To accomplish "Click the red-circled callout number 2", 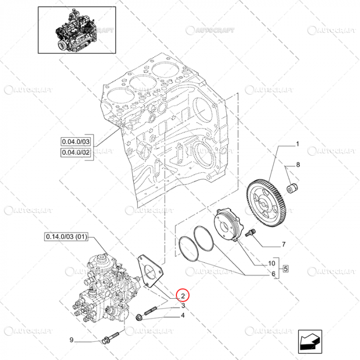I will point(183,296).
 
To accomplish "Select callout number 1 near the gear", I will point(297,145).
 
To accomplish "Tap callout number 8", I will point(297,166).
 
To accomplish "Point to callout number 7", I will point(283,245).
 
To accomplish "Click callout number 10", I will point(272,263).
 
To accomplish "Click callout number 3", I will point(183,306).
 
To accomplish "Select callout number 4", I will point(183,315).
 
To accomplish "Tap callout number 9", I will point(73,340).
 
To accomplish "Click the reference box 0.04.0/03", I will point(76,142).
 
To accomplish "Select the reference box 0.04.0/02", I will point(76,152).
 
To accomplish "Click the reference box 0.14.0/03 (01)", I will point(67,237).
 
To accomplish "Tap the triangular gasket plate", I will point(149,272).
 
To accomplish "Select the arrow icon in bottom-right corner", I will point(310,340).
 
